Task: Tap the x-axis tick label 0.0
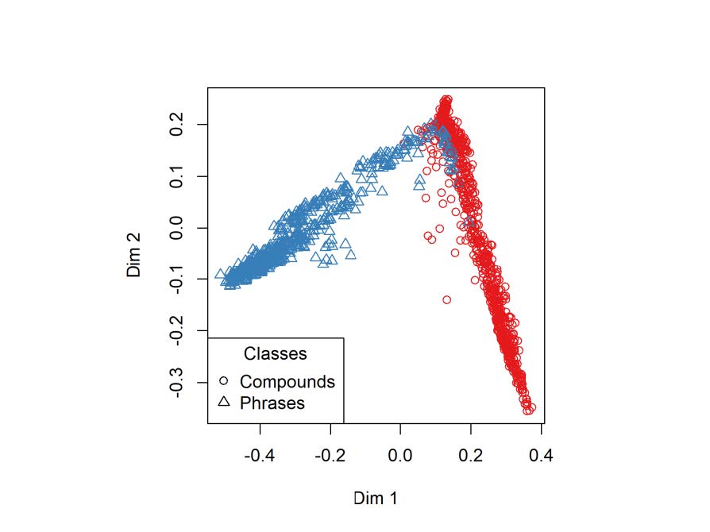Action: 400,456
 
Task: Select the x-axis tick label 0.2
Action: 471,456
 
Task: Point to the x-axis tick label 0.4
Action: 541,456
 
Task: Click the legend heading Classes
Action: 276,353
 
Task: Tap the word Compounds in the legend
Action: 287,381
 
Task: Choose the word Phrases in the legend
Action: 272,403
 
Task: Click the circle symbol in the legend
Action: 224,381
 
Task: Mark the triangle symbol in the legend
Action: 224,402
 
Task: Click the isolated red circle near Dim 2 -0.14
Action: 446,300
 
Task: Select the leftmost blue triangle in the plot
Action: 220,274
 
